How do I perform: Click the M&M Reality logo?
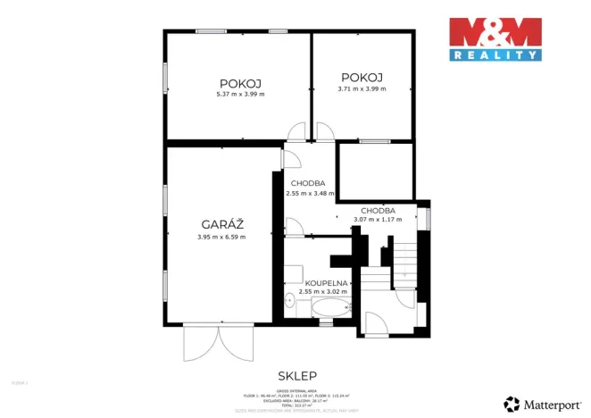point(495,39)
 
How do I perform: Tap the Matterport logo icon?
point(512,405)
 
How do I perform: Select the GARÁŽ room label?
point(221,224)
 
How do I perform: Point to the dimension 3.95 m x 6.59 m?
point(221,237)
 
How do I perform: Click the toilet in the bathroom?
point(290,302)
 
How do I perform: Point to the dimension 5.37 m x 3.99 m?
point(240,94)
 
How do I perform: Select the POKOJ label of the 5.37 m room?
point(240,82)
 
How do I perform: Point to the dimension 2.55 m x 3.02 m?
point(323,291)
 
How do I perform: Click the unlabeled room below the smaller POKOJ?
point(376,171)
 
